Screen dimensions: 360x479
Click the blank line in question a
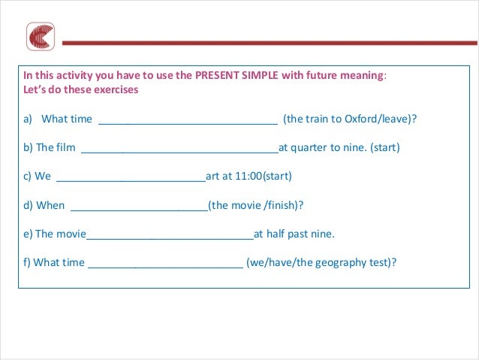pyautogui.click(x=188, y=120)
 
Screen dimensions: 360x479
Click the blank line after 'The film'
pyautogui.click(x=179, y=149)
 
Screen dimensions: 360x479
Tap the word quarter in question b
pyautogui.click(x=308, y=148)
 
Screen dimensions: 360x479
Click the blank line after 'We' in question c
pyautogui.click(x=131, y=178)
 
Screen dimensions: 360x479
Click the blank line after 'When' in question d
pyautogui.click(x=139, y=207)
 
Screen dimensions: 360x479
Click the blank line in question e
pyautogui.click(x=170, y=235)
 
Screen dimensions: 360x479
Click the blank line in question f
pyautogui.click(x=165, y=264)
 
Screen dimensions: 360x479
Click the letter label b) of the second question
pyautogui.click(x=29, y=148)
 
